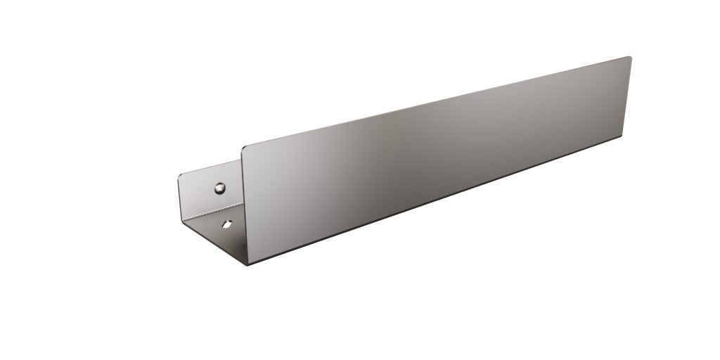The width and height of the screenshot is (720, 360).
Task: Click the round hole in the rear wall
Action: click(220, 188)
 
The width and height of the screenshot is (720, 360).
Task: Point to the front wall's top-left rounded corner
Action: click(245, 148)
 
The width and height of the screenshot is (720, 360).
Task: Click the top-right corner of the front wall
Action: click(629, 58)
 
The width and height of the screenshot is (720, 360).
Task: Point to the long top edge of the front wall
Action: click(436, 102)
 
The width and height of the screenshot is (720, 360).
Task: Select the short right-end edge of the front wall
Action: click(628, 97)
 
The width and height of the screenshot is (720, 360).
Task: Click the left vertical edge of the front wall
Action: click(243, 204)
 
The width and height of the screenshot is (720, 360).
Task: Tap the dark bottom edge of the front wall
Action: click(436, 200)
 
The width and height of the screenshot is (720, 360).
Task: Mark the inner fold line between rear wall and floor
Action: click(211, 214)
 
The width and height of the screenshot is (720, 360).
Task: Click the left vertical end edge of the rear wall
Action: click(178, 200)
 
